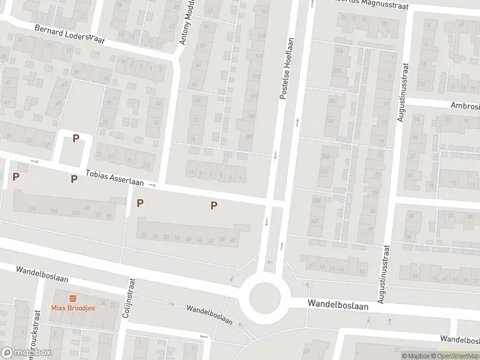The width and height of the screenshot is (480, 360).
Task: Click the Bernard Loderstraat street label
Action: click(70, 35)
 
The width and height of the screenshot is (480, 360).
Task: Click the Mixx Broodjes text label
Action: click(73, 308)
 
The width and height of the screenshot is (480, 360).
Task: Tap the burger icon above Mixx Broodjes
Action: click(73, 298)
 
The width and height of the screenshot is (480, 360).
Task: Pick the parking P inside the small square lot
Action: click(76, 139)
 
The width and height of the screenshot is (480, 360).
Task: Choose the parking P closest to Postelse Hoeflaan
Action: click(214, 206)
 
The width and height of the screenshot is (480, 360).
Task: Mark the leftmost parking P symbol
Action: click(16, 176)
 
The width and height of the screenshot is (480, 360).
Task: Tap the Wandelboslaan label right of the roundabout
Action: click(338, 304)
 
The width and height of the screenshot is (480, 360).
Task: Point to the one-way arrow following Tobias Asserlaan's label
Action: click(152, 185)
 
